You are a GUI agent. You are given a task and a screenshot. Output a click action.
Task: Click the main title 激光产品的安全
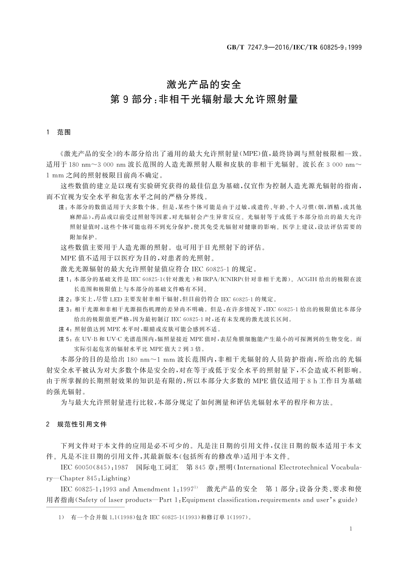coord(204,84)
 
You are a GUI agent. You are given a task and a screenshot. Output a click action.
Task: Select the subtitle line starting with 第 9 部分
coord(204,100)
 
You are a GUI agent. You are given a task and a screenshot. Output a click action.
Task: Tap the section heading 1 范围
coord(59,132)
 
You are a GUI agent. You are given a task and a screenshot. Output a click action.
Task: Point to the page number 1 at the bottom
coord(351,529)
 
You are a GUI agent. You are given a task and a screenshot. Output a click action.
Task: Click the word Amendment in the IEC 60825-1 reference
coord(151,489)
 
